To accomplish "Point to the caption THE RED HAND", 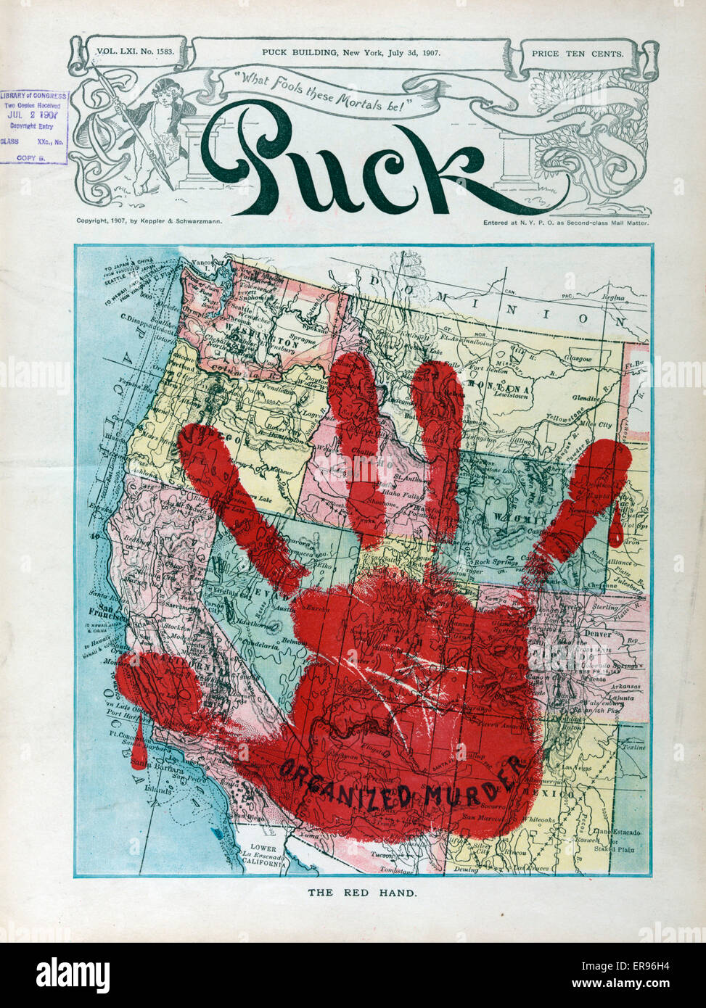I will coord(362,893).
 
